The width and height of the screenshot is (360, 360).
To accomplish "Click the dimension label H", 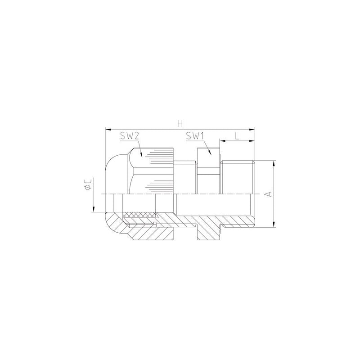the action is tap(180, 124).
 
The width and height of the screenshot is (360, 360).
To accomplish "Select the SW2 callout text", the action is tap(130, 136).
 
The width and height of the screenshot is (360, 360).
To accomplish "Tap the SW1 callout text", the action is tap(195, 136).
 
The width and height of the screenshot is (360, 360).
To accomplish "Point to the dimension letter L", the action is tap(237, 136).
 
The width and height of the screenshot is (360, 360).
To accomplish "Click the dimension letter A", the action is tap(268, 194).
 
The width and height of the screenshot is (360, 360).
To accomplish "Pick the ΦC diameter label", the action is tap(88, 184).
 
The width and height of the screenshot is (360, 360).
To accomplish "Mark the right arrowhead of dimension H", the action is tap(252, 130).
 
